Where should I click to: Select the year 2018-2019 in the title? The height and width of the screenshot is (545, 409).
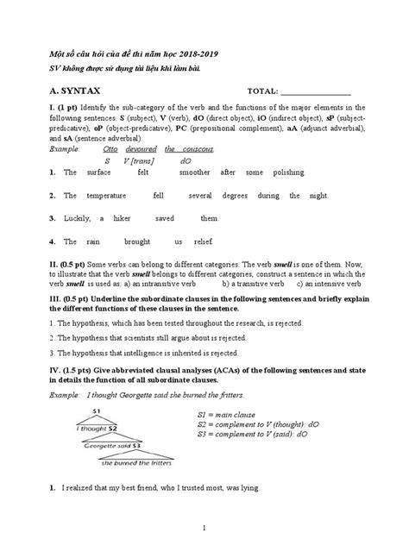(178, 53)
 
